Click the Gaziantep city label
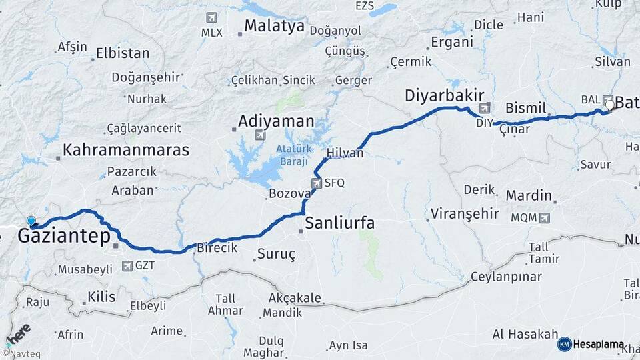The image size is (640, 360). point(64,236)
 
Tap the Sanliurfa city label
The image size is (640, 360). point(339,223)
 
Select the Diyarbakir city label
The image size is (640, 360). point(444,96)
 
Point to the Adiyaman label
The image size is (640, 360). point(276,121)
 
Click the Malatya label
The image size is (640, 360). point(274,26)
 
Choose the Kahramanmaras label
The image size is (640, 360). point(126,149)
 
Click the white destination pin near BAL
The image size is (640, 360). point(609,105)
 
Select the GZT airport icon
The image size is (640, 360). point(127,266)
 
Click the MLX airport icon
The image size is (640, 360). point(212,17)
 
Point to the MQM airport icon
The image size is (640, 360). point(545,217)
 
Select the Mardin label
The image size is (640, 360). point(529,196)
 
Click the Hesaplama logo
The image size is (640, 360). point(590,344)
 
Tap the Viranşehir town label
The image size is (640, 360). point(465,214)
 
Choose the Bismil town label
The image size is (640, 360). point(526,108)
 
